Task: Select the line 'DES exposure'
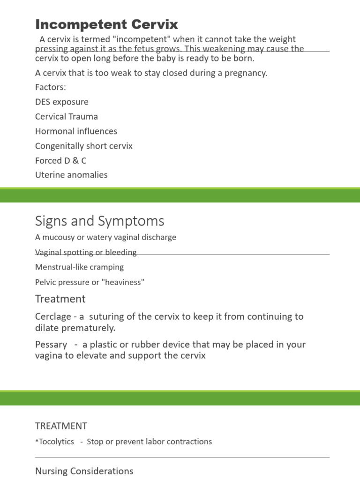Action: click(61, 102)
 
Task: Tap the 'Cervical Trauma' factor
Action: click(67, 116)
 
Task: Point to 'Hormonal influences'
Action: click(76, 131)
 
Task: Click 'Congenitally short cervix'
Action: click(84, 146)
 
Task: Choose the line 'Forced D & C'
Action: click(61, 160)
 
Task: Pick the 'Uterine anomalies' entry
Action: click(71, 175)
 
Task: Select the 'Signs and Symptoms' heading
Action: click(99, 221)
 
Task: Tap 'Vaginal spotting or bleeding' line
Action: click(86, 252)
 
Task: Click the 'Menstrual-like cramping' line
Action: click(79, 267)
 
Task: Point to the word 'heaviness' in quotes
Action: click(124, 282)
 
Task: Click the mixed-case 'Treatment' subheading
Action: click(60, 299)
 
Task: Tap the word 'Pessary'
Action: click(51, 345)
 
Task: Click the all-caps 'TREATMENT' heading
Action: click(61, 426)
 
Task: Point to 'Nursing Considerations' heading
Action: click(84, 471)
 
